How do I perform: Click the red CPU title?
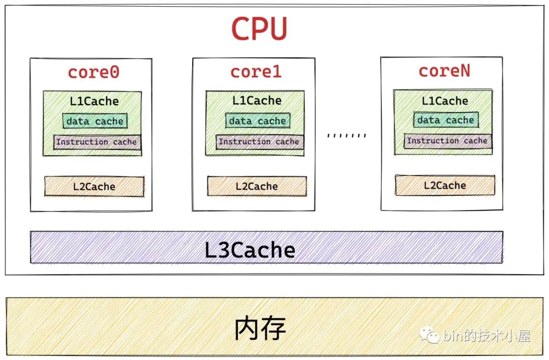(259, 29)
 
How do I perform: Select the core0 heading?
(94, 72)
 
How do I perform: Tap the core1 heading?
(256, 72)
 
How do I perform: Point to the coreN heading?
(444, 71)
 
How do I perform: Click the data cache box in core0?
(95, 121)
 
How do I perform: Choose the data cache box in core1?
(257, 121)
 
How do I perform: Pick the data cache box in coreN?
(445, 120)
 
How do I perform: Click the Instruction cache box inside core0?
(97, 142)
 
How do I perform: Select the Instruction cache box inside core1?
(259, 141)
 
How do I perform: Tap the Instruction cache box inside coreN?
(447, 140)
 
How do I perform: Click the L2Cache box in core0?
(94, 186)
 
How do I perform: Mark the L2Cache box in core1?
(257, 186)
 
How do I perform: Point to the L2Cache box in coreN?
(445, 185)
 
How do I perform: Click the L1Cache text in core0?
(94, 101)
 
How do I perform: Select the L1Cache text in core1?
(257, 101)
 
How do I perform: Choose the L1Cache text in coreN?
(445, 101)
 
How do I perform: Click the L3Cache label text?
(250, 250)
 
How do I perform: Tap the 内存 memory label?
(260, 329)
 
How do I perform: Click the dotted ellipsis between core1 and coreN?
(347, 136)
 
